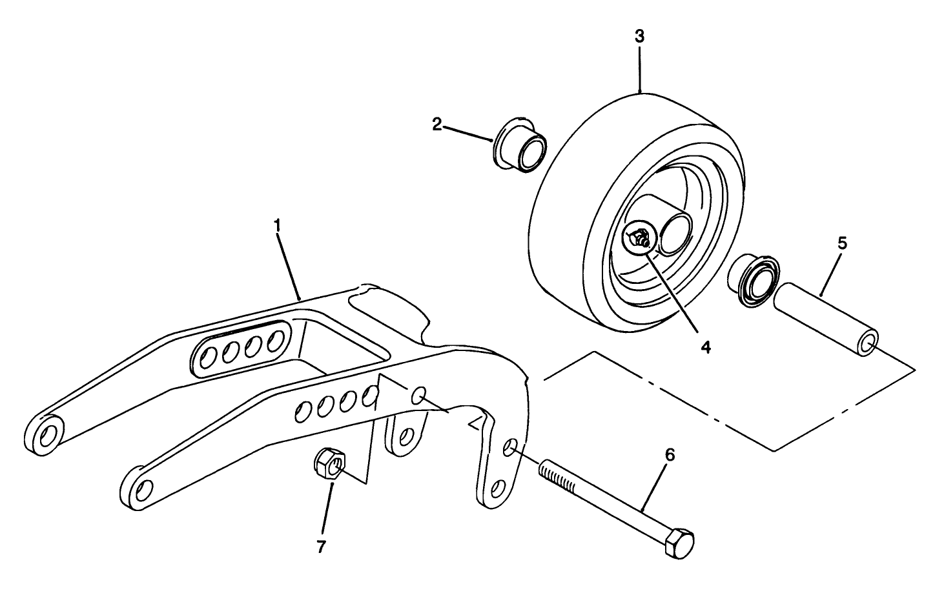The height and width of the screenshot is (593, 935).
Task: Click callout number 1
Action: click(277, 226)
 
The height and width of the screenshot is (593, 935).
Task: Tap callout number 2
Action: click(437, 125)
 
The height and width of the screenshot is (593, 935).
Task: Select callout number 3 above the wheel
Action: click(639, 37)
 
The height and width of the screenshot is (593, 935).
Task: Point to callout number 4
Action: click(706, 347)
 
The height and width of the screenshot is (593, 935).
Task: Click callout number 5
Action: click(842, 243)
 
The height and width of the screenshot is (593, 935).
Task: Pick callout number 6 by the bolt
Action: click(670, 456)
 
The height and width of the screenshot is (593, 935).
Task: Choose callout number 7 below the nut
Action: click(321, 547)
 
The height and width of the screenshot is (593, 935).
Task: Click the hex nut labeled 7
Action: click(330, 464)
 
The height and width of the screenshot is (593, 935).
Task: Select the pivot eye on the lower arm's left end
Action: click(140, 490)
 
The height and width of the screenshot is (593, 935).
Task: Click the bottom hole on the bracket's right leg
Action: click(498, 488)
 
